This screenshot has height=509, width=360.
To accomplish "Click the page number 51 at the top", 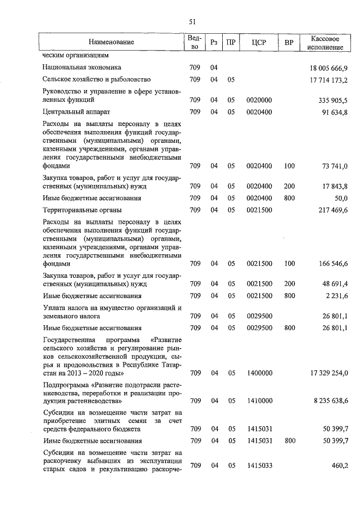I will click(x=192, y=21).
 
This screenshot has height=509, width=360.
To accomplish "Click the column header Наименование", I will click(x=111, y=43).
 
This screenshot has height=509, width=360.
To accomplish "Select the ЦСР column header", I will click(x=259, y=43).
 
